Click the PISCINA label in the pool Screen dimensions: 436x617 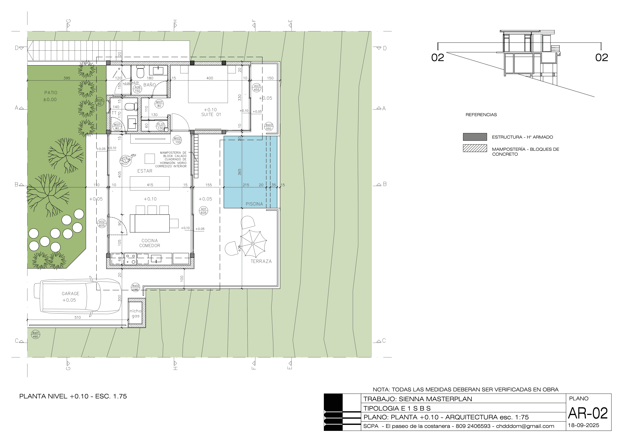(254, 204)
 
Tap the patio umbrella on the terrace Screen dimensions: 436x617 (253, 244)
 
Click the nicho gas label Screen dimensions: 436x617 (135, 313)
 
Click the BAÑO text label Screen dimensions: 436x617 (149, 85)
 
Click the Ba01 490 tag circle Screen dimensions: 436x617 (35, 335)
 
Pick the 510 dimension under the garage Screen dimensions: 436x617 (77, 317)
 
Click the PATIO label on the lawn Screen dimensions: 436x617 (51, 92)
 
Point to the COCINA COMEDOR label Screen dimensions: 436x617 (150, 243)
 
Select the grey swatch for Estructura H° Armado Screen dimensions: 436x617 (474, 137)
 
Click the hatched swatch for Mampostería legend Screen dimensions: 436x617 (474, 148)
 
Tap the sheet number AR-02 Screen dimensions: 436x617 (588, 413)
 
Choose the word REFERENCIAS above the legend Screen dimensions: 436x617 (481, 115)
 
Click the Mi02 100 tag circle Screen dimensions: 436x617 (177, 140)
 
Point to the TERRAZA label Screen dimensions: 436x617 (261, 261)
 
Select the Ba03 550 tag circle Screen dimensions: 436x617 (269, 127)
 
